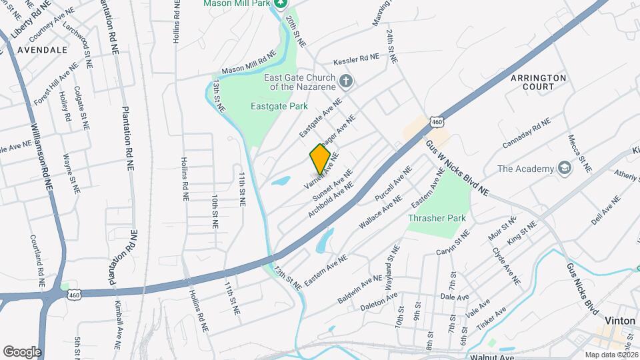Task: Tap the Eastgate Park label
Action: pos(279,106)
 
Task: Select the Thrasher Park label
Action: pos(437,217)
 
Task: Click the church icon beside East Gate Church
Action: pos(345,81)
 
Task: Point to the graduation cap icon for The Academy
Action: pos(565,168)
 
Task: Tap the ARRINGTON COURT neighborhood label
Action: pos(538,82)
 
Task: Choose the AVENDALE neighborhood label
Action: pos(43,50)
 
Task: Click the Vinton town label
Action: pos(619,321)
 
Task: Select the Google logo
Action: pos(22,351)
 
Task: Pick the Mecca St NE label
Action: pos(577,153)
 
